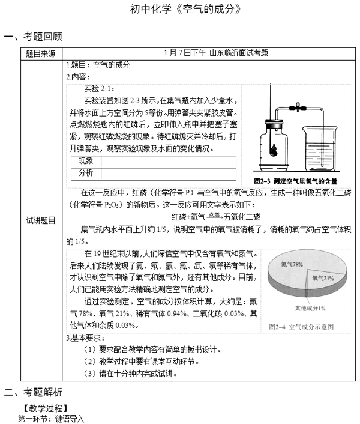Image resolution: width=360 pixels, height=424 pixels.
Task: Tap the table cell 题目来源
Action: click(40, 53)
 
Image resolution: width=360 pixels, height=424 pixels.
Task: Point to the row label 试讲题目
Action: click(40, 220)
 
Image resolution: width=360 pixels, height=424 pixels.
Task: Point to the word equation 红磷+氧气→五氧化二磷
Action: click(215, 216)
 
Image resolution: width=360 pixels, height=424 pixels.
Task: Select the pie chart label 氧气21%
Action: click(323, 277)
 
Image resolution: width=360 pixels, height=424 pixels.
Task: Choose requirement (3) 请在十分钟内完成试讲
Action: click(130, 373)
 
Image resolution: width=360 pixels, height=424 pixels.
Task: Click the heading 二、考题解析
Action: click(32, 392)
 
